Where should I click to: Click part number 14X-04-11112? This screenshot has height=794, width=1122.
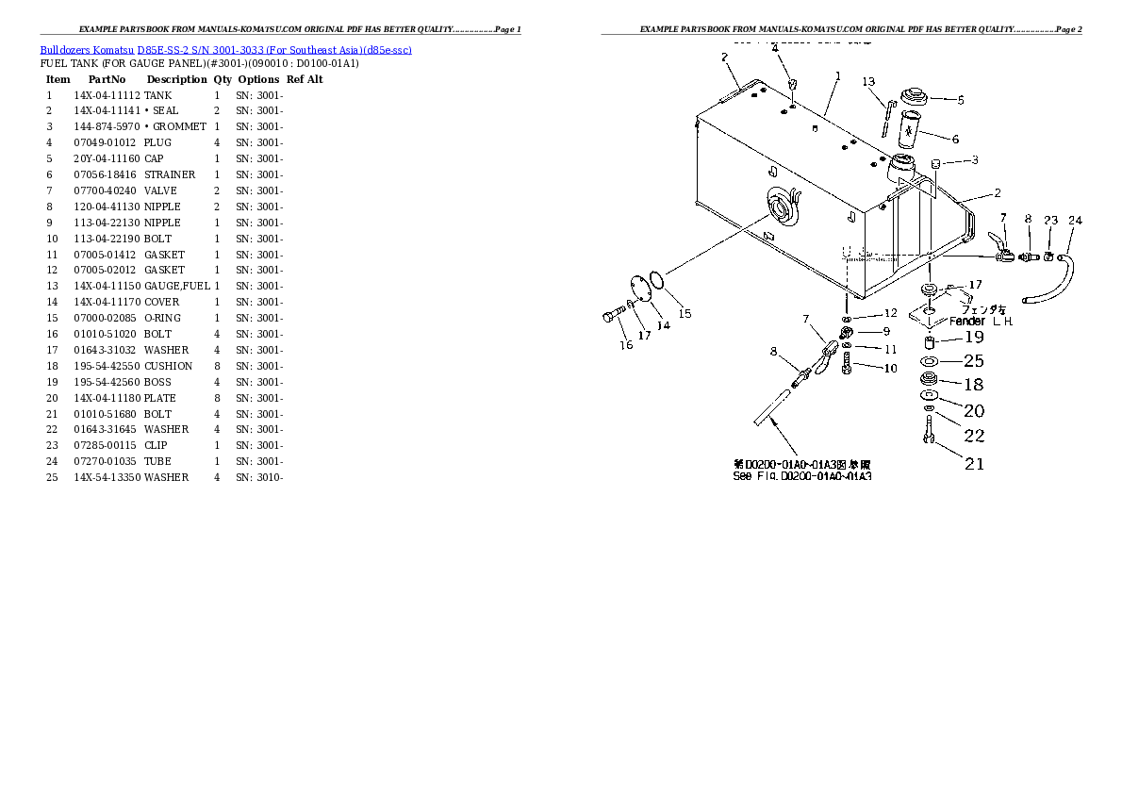pos(107,95)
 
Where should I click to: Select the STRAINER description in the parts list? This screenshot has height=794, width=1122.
pos(170,174)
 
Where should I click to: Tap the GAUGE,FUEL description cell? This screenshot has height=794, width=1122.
pos(177,286)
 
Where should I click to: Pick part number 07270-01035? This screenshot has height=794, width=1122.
pos(107,461)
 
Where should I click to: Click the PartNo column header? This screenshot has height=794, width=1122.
pos(107,79)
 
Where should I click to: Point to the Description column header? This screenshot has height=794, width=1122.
pos(176,79)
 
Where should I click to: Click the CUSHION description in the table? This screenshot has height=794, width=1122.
pos(168,366)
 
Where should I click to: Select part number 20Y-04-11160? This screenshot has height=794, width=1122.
pos(107,158)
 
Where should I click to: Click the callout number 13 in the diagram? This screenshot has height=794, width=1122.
pos(868,82)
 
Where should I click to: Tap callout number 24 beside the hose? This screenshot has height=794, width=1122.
pos(1075,222)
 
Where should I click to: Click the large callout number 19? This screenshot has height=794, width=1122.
pos(974,338)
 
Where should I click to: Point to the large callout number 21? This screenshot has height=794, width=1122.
pos(974,463)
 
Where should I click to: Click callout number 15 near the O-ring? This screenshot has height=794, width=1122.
pos(685,313)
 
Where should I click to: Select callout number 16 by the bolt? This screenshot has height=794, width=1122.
pos(626,345)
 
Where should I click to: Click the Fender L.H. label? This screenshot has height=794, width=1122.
pos(981,322)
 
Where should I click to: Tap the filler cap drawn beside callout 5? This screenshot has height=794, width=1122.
pos(916,98)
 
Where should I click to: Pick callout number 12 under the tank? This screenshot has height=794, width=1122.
pos(890,313)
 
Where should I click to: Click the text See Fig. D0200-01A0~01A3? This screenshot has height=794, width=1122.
pos(801,476)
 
